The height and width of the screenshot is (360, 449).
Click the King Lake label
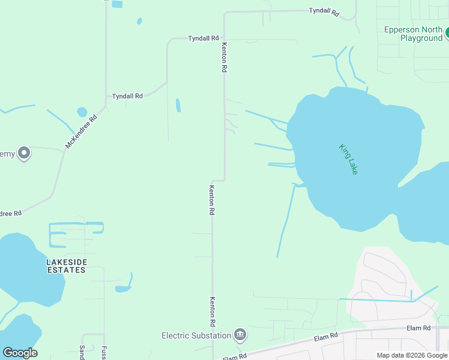pyautogui.click(x=348, y=159)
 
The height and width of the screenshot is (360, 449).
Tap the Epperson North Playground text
pyautogui.click(x=413, y=34)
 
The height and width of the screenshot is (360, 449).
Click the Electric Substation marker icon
pyautogui.click(x=240, y=334)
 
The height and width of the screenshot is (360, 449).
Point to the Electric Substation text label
pyautogui.click(x=196, y=336)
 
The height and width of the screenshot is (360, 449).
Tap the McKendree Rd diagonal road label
pyautogui.click(x=81, y=131)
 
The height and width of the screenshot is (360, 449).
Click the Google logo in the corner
pyautogui.click(x=20, y=353)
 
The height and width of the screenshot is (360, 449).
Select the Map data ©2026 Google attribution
pyautogui.click(x=412, y=355)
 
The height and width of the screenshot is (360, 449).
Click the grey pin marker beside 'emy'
pyautogui.click(x=24, y=154)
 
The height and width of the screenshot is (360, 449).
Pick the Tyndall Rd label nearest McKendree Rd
pyautogui.click(x=127, y=96)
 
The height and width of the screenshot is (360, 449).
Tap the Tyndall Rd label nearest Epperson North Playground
pyautogui.click(x=324, y=11)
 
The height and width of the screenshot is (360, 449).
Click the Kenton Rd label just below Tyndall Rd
pyautogui.click(x=224, y=58)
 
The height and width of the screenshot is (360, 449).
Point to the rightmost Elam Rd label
pyautogui.click(x=418, y=328)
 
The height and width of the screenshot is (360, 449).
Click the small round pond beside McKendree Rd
pyautogui.click(x=82, y=112)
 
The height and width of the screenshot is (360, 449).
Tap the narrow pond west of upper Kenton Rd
pyautogui.click(x=178, y=105)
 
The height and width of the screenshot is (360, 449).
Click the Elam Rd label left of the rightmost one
pyautogui.click(x=326, y=338)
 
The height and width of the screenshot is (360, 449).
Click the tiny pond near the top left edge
pyautogui.click(x=139, y=21)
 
